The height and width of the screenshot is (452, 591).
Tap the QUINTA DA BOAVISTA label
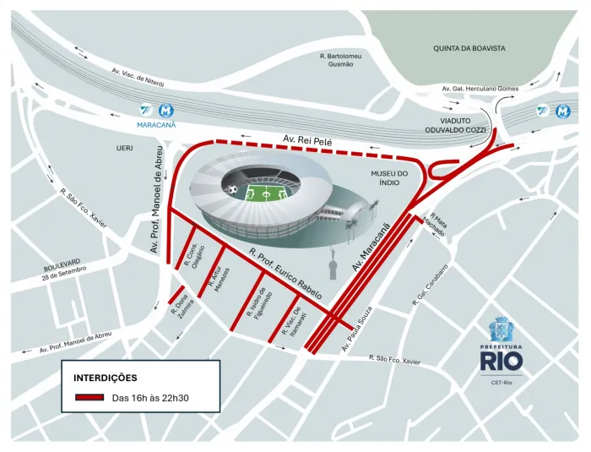pyautogui.click(x=469, y=48)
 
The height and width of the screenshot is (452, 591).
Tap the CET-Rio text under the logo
pyautogui.click(x=502, y=382)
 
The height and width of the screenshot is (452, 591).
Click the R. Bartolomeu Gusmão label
pyautogui.click(x=342, y=60)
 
